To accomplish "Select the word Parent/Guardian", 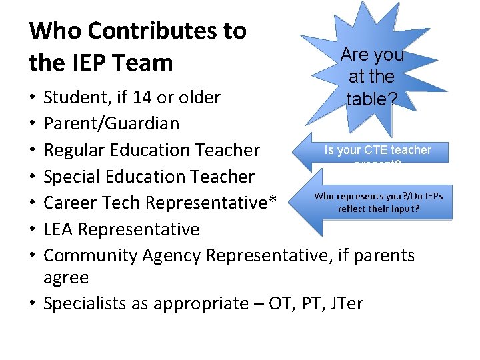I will (x=111, y=123).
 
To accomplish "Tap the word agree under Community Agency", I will (x=65, y=277).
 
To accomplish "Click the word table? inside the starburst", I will (x=372, y=99).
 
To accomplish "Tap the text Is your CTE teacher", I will (x=377, y=151).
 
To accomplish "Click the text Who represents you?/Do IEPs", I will (x=378, y=196).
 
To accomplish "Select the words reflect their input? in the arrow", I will (x=378, y=209).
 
